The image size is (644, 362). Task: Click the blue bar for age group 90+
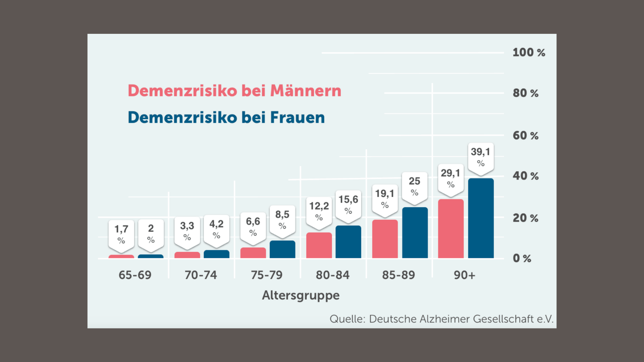pos(481,218)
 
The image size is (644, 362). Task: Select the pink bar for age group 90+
pos(451,229)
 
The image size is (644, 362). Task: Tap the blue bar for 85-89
pos(415,233)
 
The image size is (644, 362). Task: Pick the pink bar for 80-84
pos(319,245)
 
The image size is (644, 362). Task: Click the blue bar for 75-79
pos(282,249)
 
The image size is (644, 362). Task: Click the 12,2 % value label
pos(319,211)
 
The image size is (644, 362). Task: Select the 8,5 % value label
pos(282,220)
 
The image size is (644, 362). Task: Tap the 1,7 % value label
pos(121,234)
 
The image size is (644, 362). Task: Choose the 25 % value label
pos(415,186)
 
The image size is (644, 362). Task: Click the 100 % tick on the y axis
pos(529,53)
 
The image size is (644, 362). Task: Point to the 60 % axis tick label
pos(525,136)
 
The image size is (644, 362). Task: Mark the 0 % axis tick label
pos(522,258)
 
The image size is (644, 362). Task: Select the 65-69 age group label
pos(135,275)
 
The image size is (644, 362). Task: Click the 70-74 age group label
pos(201,275)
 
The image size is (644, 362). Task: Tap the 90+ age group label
pos(465,275)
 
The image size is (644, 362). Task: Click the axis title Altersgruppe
pos(301,295)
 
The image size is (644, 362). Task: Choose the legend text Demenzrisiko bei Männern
pos(234,91)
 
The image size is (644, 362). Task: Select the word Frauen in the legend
pos(298,118)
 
